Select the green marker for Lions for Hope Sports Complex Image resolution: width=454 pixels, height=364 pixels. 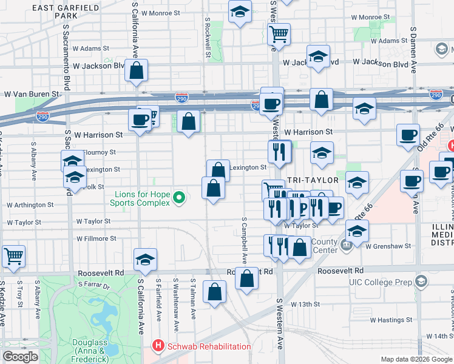178,198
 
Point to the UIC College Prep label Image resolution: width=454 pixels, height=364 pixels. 382,282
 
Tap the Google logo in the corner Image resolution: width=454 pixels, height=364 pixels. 20,357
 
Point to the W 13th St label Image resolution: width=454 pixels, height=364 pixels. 305,303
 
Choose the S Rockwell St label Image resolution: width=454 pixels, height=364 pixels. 207,36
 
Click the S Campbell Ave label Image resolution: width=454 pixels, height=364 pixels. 244,240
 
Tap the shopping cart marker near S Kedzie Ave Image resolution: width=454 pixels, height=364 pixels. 13,255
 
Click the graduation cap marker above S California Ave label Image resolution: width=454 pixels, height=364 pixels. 146,260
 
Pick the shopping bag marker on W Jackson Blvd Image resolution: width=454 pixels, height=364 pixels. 137,70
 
